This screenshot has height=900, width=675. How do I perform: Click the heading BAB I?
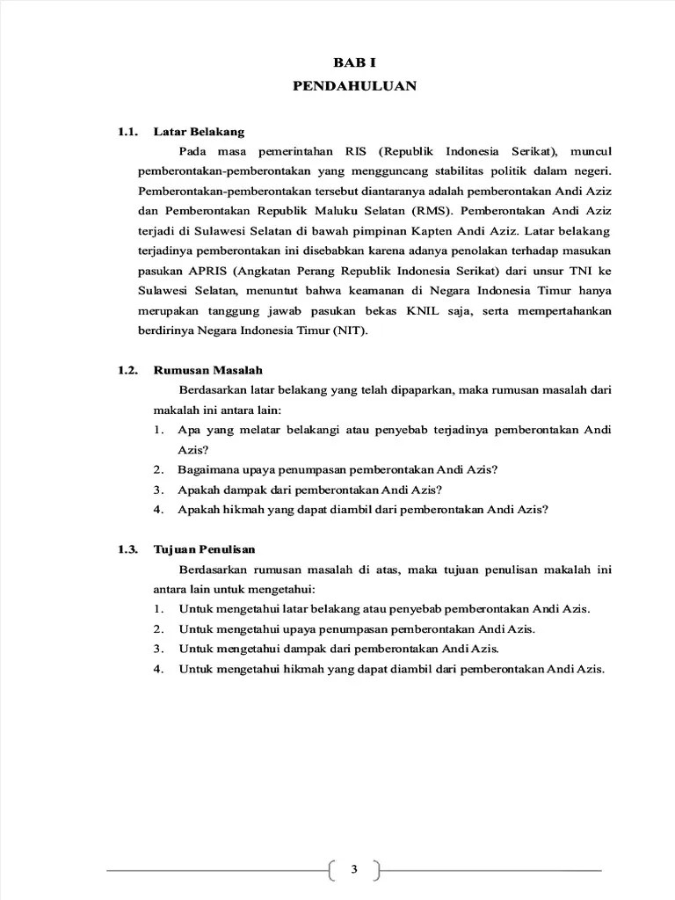pos(354,63)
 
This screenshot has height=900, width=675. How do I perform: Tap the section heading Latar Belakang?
pos(199,132)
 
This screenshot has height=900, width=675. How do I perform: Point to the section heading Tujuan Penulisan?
pos(204,549)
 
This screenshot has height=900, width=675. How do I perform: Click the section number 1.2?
pos(128,370)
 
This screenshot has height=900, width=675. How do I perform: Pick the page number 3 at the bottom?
pos(354,870)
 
